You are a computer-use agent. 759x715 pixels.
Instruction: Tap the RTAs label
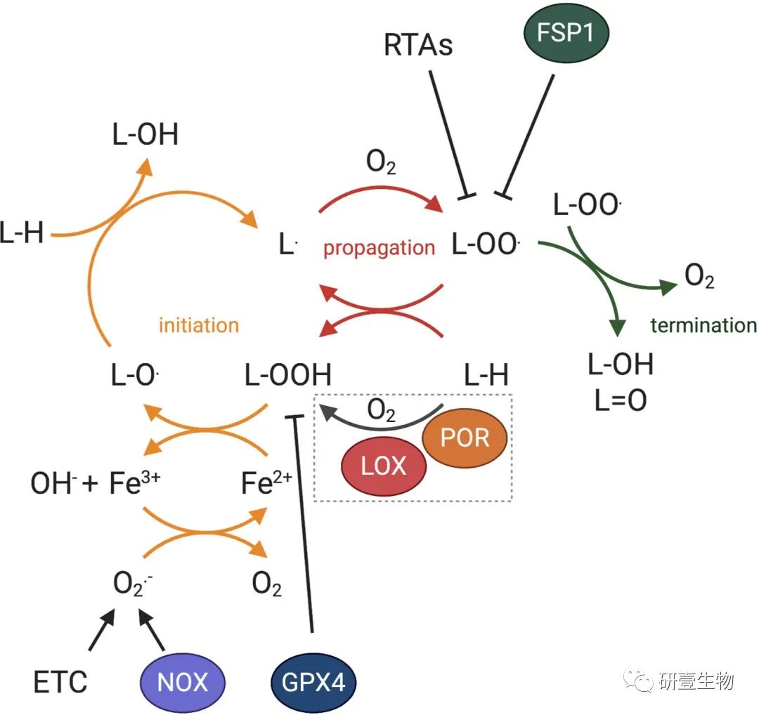click(x=418, y=46)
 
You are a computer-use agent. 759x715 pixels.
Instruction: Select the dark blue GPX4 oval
click(x=313, y=682)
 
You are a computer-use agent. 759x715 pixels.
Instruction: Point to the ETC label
click(x=60, y=682)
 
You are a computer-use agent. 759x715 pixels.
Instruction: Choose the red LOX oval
click(x=384, y=466)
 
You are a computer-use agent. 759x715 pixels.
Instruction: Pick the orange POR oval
click(x=465, y=438)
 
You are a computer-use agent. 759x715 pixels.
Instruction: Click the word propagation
click(x=379, y=248)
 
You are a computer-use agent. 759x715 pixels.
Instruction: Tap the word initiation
click(x=199, y=325)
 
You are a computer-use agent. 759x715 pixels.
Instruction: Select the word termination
click(x=703, y=325)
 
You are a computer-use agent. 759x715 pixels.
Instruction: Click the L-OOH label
click(x=288, y=375)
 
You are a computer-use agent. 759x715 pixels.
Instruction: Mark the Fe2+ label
click(x=266, y=485)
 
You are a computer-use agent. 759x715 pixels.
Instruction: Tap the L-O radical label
click(x=134, y=375)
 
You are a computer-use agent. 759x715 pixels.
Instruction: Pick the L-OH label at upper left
click(x=145, y=135)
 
